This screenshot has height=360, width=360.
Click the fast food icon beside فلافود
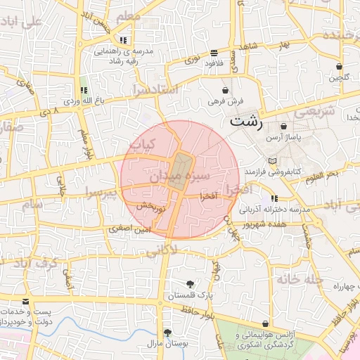[214, 53]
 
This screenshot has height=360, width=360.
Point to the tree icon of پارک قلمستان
[191, 285]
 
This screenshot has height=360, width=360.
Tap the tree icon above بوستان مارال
[167, 333]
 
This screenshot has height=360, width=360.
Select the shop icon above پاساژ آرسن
[283, 127]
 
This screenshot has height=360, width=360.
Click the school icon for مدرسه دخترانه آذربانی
[274, 198]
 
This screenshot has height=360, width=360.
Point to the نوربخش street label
[151, 209]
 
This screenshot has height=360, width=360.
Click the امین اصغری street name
[129, 229]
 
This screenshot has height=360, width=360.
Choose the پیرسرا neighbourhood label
[99, 191]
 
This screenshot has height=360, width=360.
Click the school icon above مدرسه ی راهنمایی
[124, 40]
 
